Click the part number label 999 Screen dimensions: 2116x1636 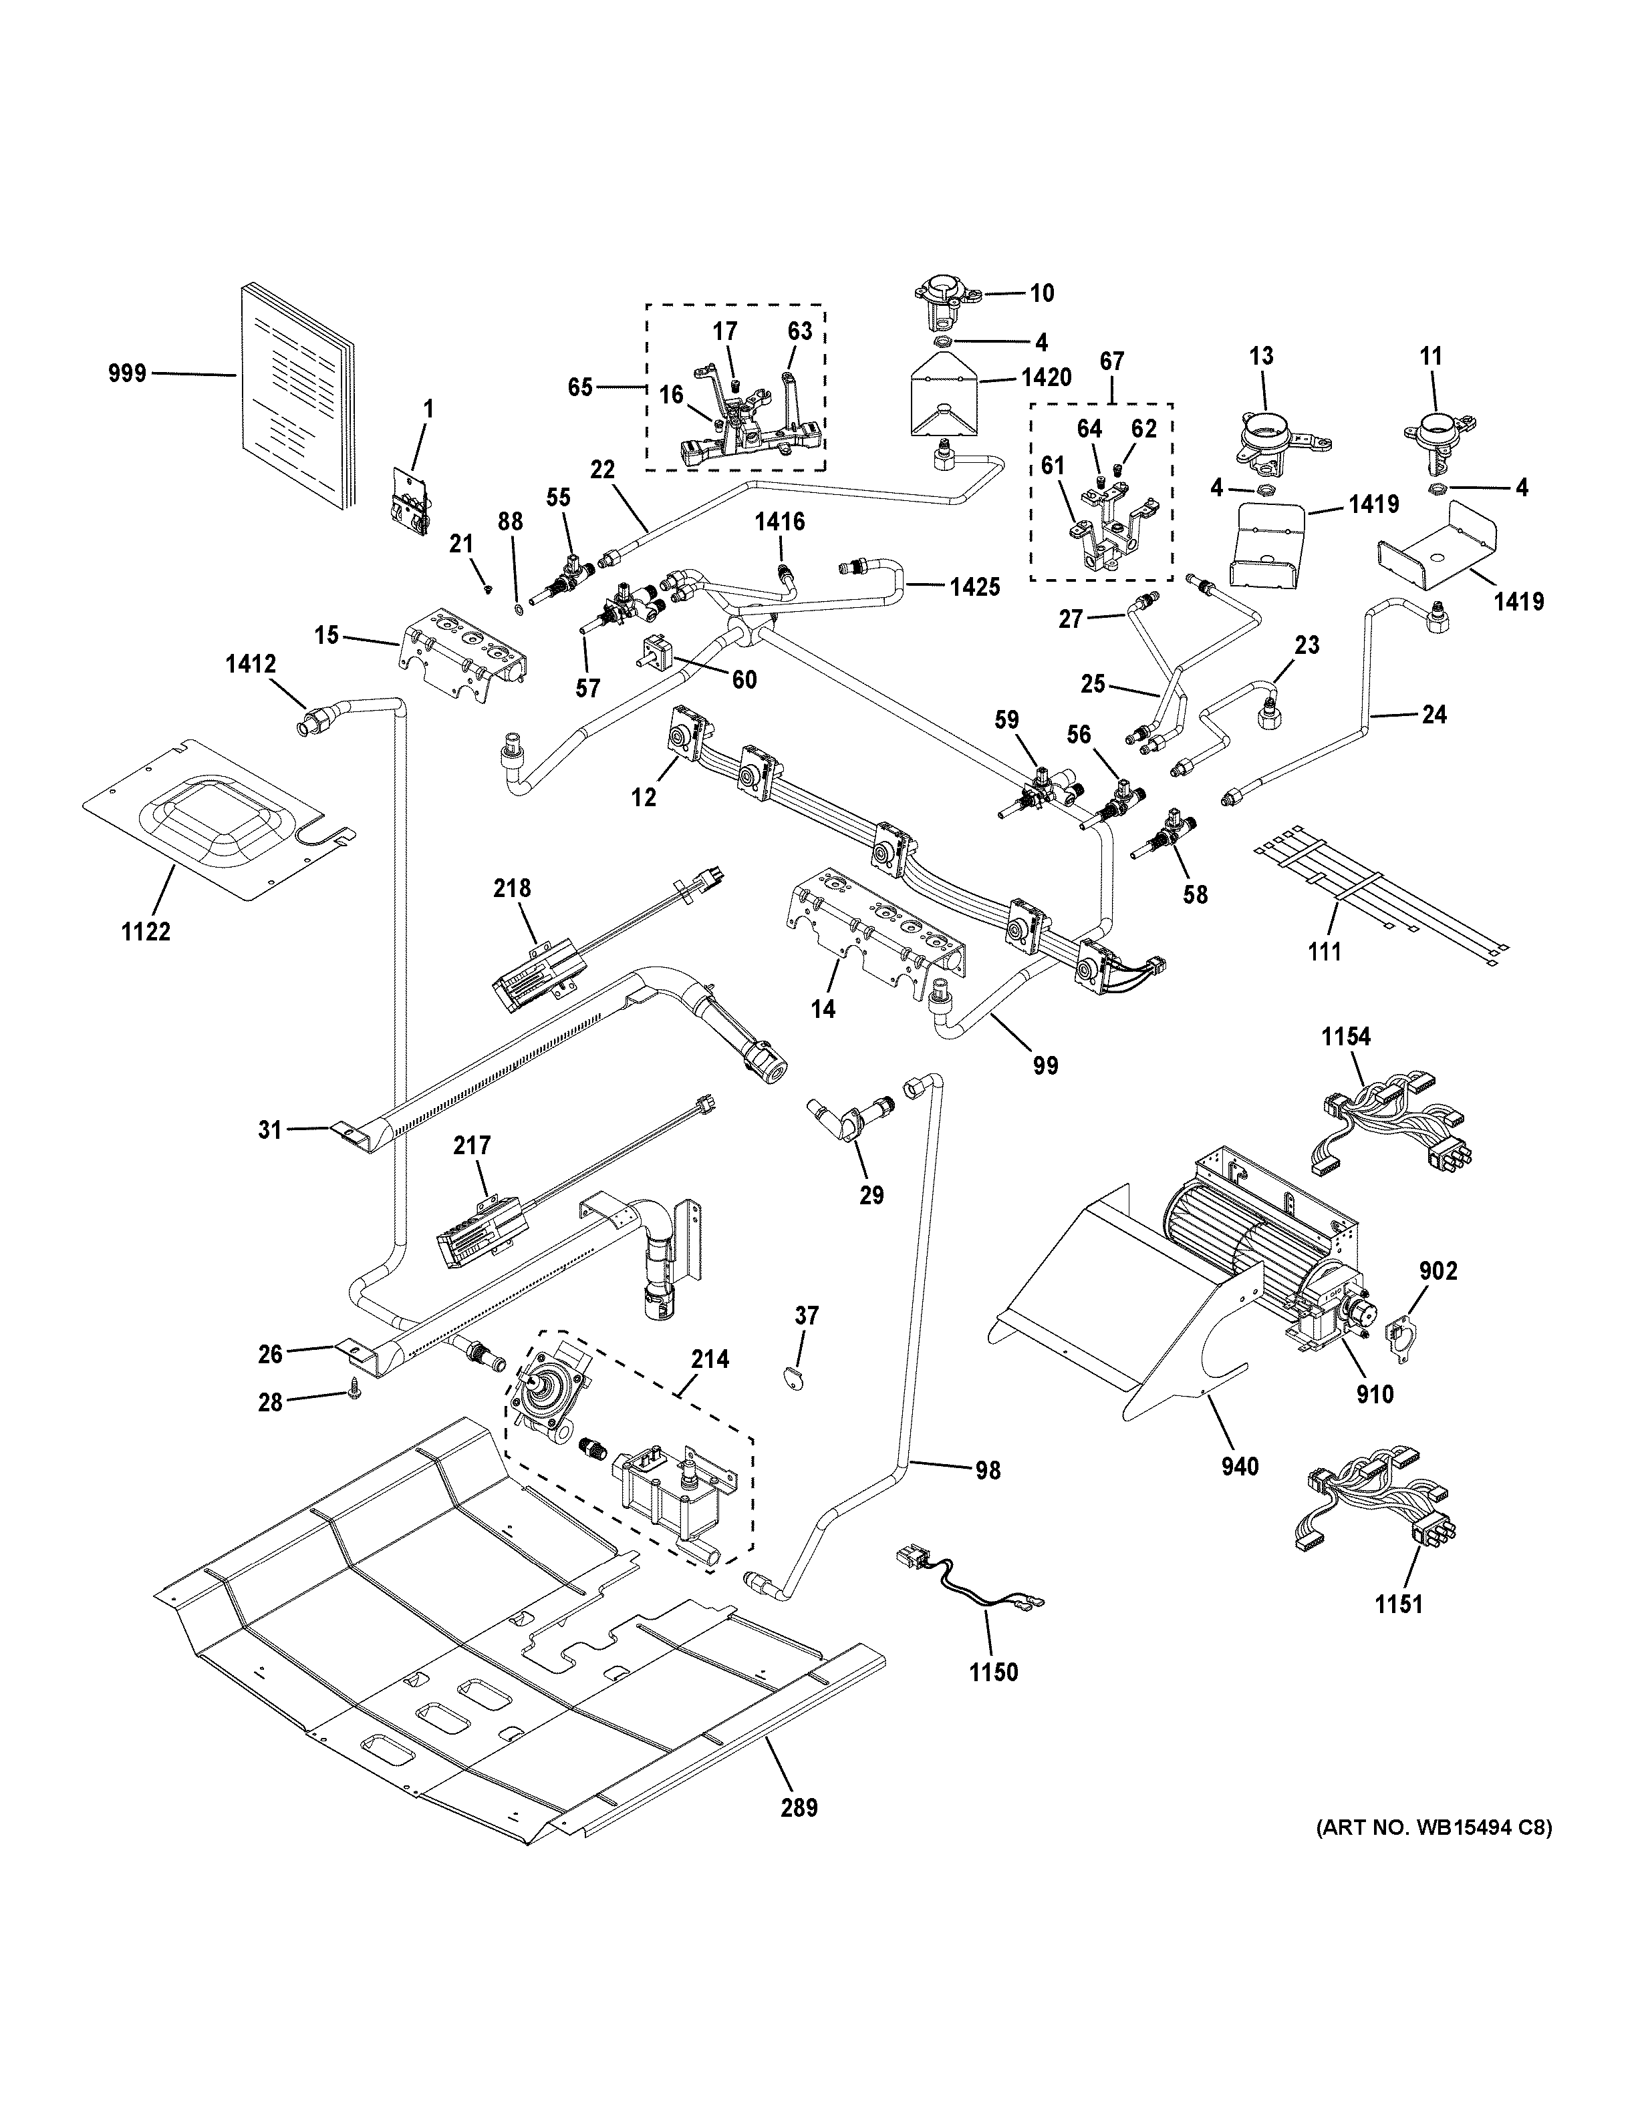click(127, 373)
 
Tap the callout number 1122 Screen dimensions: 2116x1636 click(146, 932)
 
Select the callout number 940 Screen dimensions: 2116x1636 click(1240, 1467)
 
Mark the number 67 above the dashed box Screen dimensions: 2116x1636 click(1111, 361)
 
